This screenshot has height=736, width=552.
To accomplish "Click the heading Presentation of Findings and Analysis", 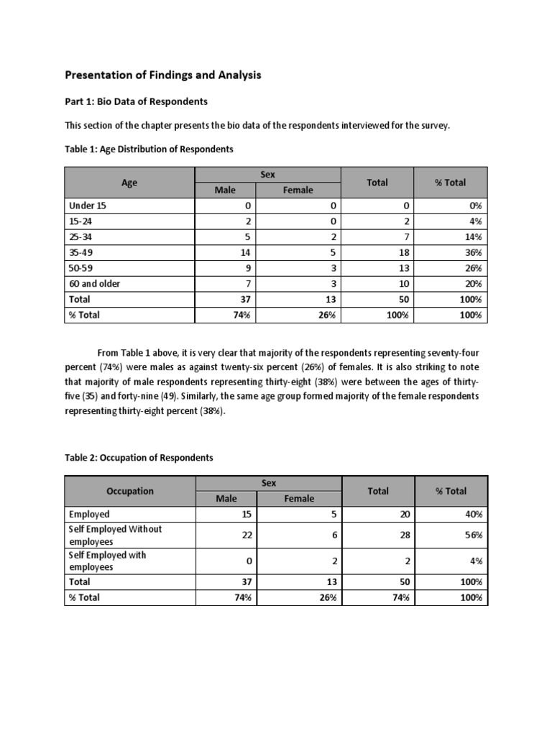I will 164,74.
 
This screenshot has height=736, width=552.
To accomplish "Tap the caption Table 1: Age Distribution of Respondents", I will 149,149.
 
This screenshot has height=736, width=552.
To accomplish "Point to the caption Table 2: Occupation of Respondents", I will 139,457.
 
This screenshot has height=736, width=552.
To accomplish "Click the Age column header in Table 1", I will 129,183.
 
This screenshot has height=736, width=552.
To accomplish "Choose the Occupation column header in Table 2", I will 130,491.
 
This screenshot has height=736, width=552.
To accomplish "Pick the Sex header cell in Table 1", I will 268,175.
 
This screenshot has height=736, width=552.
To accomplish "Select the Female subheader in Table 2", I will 299,499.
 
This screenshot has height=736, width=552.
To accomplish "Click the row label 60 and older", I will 94,283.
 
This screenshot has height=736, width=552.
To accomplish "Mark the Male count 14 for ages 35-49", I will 244,252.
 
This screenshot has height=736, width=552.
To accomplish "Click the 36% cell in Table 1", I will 472,252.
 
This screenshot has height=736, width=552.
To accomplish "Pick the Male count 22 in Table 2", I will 245,535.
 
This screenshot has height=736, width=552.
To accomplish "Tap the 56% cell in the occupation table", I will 473,535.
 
